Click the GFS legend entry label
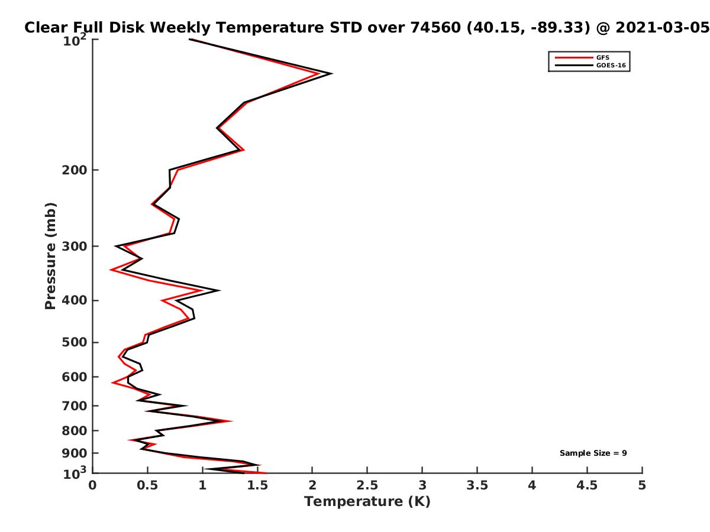(602, 58)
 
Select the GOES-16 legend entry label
(611, 65)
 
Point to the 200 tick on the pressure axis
(75, 170)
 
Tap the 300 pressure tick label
(75, 246)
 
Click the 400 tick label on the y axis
(75, 300)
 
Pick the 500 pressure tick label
(75, 342)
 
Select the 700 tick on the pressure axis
(75, 406)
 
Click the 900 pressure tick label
(75, 453)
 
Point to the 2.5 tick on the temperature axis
(367, 485)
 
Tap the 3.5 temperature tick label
(477, 485)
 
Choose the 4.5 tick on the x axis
(587, 485)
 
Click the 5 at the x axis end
(642, 485)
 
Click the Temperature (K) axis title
(367, 502)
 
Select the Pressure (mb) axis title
(50, 256)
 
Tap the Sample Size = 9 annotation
(593, 453)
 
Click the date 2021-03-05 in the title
(662, 27)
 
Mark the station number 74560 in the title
(435, 27)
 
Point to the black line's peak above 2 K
(332, 74)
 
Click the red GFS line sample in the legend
(574, 58)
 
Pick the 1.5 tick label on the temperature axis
(257, 485)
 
